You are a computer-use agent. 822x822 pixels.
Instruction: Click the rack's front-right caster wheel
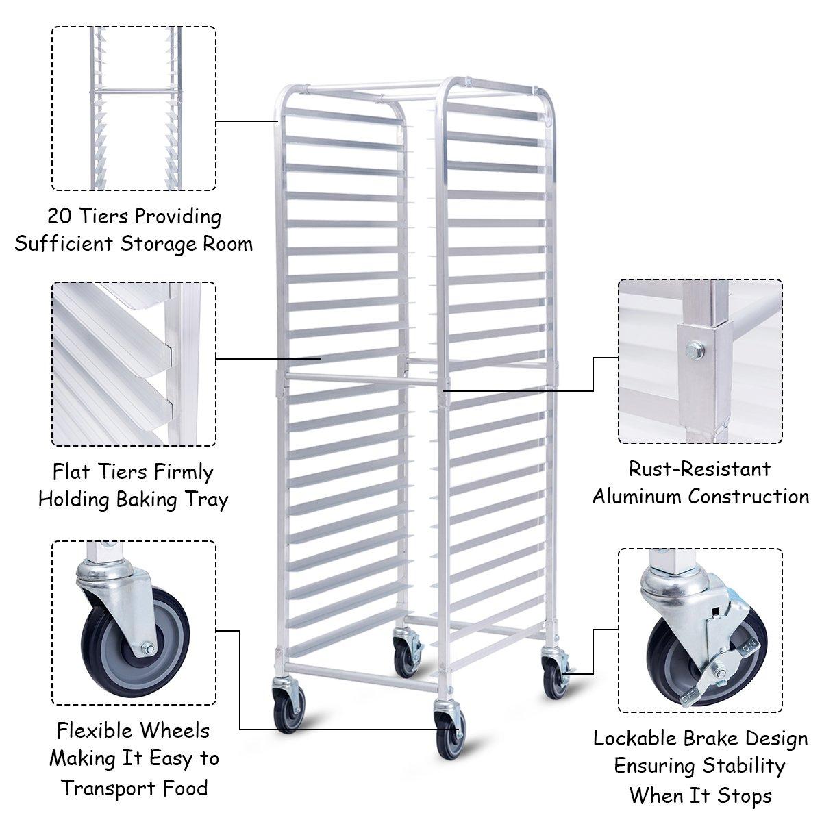pyautogui.click(x=449, y=736)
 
